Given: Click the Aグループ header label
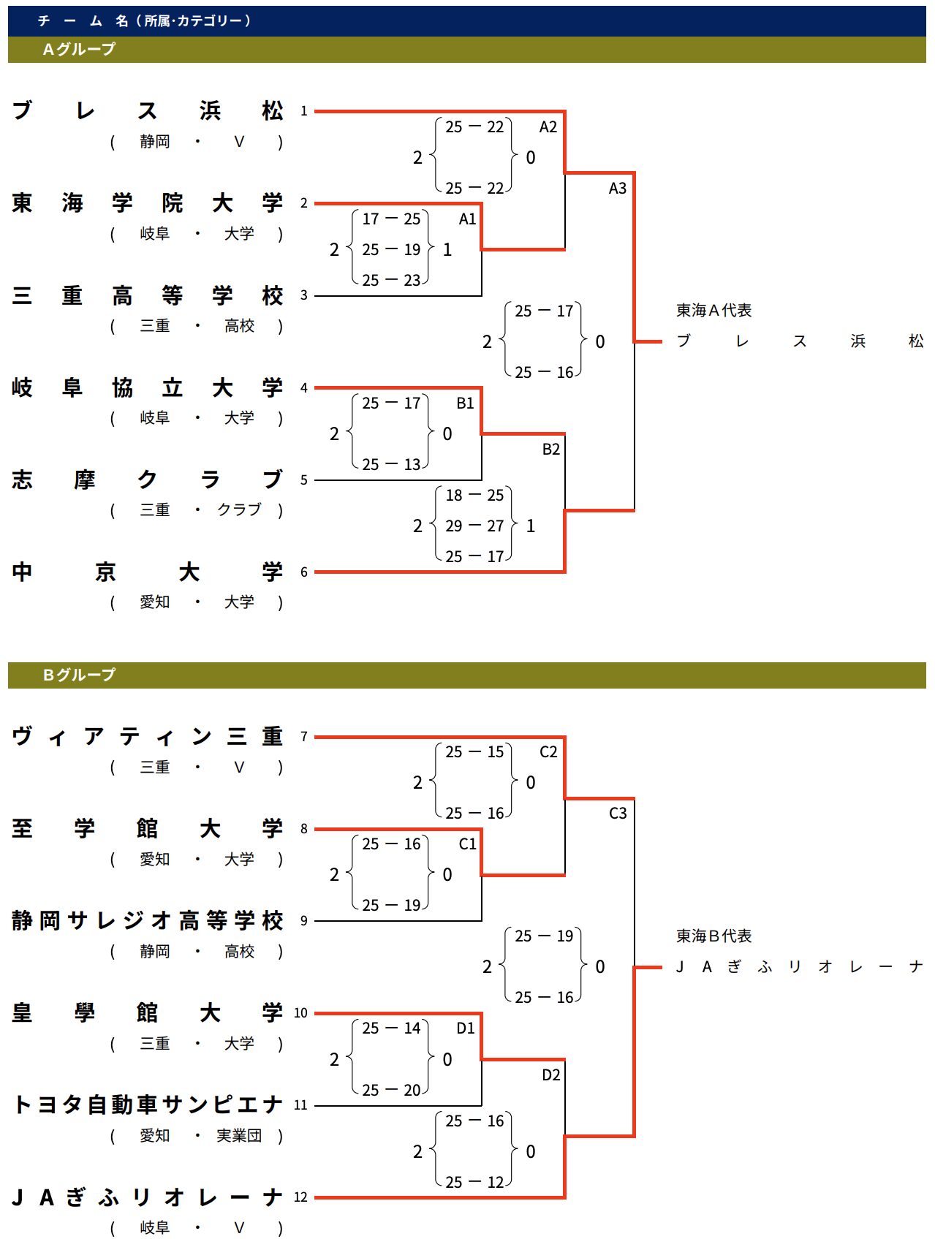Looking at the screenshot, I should [79, 50].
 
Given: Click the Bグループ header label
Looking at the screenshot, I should [79, 675].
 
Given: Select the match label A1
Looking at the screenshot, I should [467, 219].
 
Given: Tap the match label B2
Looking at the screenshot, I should [550, 450].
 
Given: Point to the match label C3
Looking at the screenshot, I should [618, 814].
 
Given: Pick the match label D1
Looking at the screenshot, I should [466, 1028].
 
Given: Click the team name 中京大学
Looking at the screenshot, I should [147, 572].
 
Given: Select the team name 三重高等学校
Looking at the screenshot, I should [147, 295].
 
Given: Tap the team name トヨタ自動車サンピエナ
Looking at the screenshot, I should [147, 1105].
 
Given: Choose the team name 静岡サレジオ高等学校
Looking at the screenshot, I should [147, 920].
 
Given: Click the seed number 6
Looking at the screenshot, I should [304, 572].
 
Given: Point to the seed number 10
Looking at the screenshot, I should [300, 1013].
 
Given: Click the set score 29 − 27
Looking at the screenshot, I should [474, 526].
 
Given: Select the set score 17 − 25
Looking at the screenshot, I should [391, 219].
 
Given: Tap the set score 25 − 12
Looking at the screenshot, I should [474, 1182].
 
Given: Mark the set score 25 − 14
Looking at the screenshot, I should [391, 1028].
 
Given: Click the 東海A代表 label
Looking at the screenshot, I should [713, 311].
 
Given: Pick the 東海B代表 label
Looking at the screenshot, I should [713, 936].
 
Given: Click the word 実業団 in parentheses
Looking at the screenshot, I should [239, 1136].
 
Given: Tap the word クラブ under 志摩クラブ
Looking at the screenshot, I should [239, 510].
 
